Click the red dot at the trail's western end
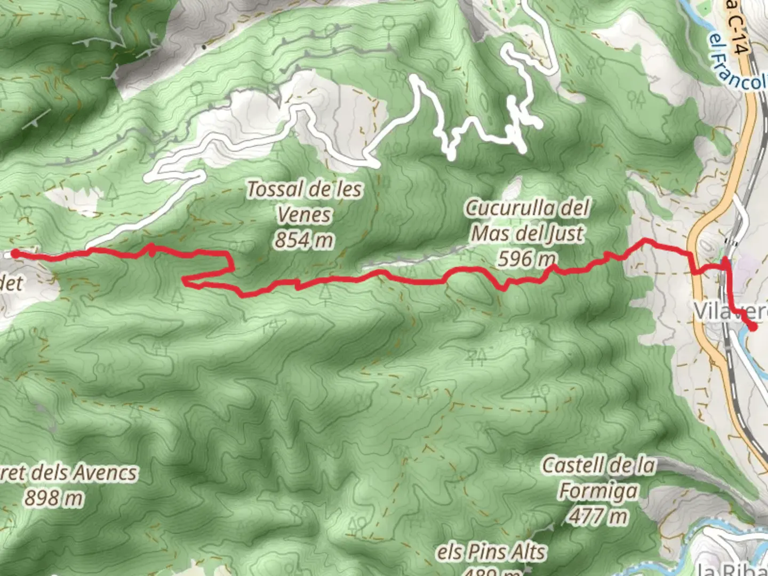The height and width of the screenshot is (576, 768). pyautogui.click(x=15, y=253)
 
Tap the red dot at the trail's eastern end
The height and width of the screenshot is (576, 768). pyautogui.click(x=753, y=327)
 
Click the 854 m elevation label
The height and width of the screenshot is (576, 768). pyautogui.click(x=304, y=241)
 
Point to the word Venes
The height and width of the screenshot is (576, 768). pyautogui.click(x=305, y=215)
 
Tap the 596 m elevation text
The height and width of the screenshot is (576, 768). pyautogui.click(x=527, y=259)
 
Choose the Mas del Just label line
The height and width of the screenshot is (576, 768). pyautogui.click(x=527, y=234)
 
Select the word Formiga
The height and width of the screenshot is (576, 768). pyautogui.click(x=598, y=491)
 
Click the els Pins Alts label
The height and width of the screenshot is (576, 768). pyautogui.click(x=491, y=553)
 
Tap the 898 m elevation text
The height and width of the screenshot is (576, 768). pyautogui.click(x=54, y=498)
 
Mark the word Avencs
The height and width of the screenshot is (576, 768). pyautogui.click(x=105, y=473)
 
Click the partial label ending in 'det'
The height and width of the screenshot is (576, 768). pyautogui.click(x=11, y=283)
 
